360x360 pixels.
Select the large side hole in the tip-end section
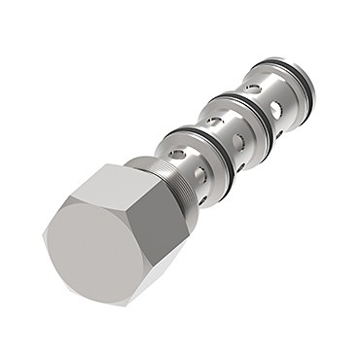click(279, 106)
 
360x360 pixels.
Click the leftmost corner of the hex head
click(45, 234)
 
